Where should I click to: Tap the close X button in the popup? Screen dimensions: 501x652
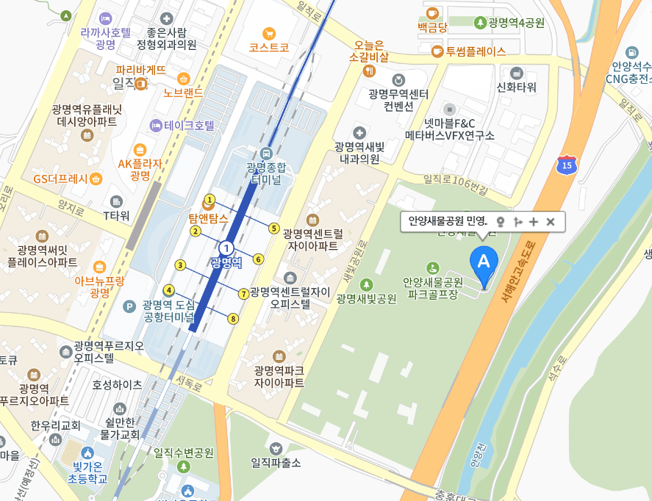click(x=550, y=222)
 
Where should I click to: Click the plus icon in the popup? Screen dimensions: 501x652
click(x=534, y=222)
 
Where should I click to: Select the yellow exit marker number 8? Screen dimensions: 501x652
click(x=233, y=319)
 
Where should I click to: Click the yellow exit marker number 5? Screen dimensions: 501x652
click(x=274, y=228)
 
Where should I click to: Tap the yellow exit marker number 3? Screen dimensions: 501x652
click(x=180, y=264)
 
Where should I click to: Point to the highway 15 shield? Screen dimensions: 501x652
click(x=566, y=164)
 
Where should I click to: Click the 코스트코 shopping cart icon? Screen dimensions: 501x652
click(x=269, y=33)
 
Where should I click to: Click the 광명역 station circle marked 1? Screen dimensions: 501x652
click(x=227, y=248)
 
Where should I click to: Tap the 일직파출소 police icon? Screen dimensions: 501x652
click(x=276, y=447)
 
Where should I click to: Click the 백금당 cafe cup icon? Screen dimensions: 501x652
click(x=432, y=12)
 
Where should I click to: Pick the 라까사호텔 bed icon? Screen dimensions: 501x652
click(x=106, y=18)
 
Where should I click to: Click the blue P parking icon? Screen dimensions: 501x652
click(x=130, y=306)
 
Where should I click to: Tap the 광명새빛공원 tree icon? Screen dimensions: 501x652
click(x=366, y=284)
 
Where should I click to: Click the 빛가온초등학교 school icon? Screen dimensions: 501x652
click(x=88, y=452)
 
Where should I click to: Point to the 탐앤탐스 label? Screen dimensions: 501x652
click(x=208, y=218)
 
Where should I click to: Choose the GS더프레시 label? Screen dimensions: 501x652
click(x=60, y=179)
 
